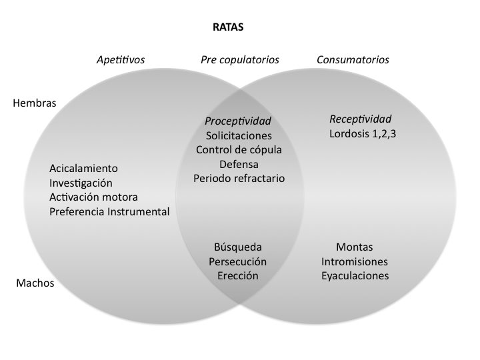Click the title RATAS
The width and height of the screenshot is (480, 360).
(228, 28)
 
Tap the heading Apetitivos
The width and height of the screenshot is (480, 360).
(121, 60)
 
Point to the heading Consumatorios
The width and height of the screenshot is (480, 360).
(353, 60)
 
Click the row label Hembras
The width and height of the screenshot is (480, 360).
(35, 103)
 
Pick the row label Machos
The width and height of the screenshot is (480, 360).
(35, 283)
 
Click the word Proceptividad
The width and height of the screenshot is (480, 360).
(238, 121)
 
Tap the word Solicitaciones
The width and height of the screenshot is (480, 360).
(239, 135)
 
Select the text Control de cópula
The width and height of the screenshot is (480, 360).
(239, 149)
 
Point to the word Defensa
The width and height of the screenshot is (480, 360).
(239, 164)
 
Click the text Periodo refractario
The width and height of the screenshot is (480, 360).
(239, 178)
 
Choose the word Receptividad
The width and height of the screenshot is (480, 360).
(361, 119)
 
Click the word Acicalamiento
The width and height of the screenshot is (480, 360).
(83, 168)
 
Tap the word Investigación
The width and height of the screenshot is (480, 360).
(81, 183)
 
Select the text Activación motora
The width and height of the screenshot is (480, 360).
(93, 197)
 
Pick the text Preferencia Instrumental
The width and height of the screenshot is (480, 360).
(109, 212)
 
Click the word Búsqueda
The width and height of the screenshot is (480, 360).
(238, 247)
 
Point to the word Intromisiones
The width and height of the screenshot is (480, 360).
(355, 261)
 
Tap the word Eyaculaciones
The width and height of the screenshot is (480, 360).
(355, 276)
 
